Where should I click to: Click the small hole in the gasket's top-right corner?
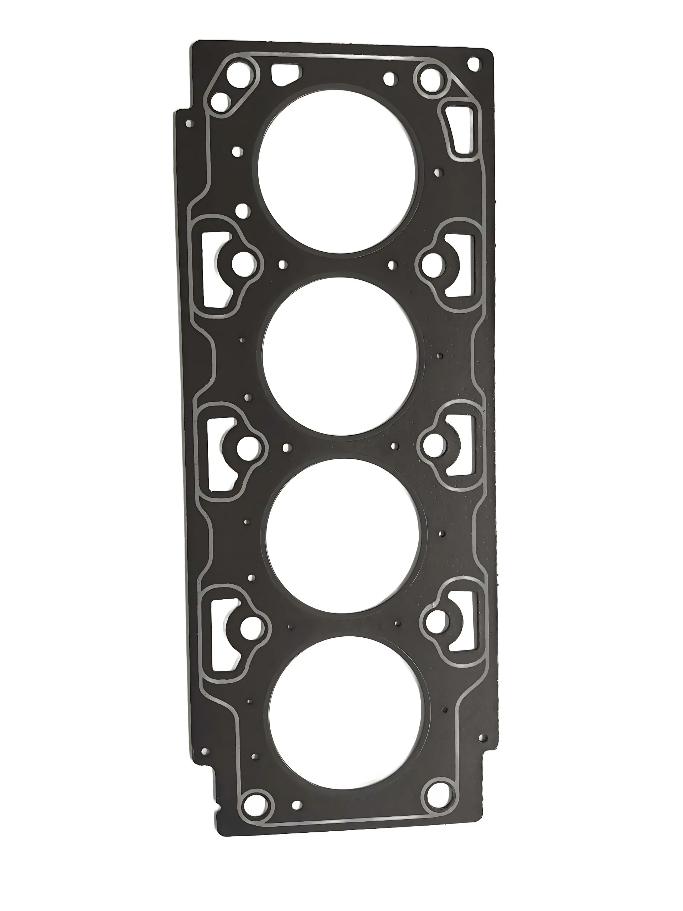click(474, 63)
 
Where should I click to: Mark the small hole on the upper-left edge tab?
click(189, 123)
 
